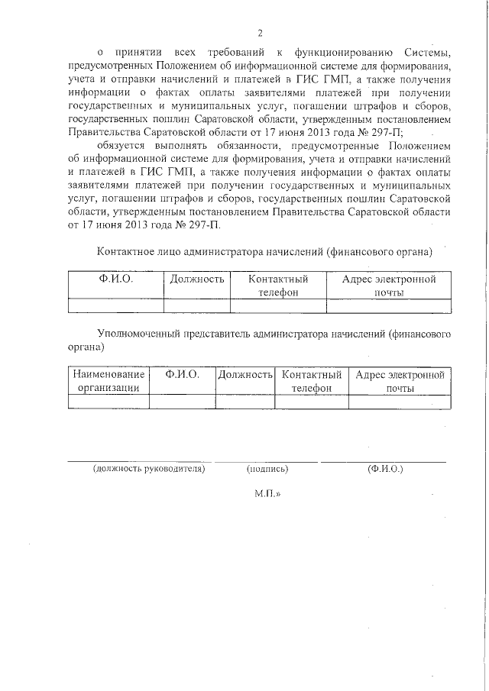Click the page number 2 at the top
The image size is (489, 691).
pyautogui.click(x=260, y=33)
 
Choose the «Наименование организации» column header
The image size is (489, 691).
pyautogui.click(x=108, y=381)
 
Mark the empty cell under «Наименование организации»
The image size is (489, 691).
pyautogui.click(x=108, y=402)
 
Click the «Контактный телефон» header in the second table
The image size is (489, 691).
pyautogui.click(x=310, y=381)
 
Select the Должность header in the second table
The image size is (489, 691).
pyautogui.click(x=245, y=375)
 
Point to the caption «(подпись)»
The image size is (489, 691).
pyautogui.click(x=267, y=469)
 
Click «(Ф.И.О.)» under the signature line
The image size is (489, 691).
pyautogui.click(x=384, y=468)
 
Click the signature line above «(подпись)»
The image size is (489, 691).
pyautogui.click(x=267, y=461)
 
